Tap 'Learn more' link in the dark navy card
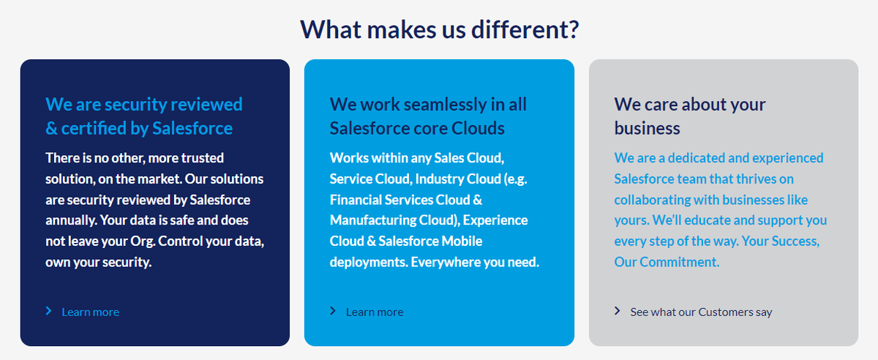click(90, 312)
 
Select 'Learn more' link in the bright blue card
click(375, 312)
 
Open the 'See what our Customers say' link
click(701, 312)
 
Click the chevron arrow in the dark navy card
click(48, 312)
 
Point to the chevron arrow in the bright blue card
click(333, 312)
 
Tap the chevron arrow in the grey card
click(618, 312)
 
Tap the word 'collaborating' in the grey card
click(650, 200)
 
